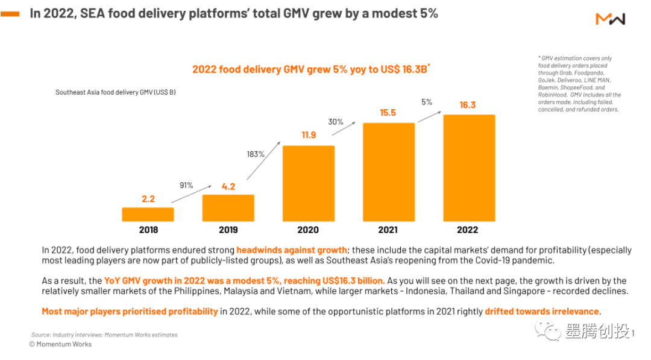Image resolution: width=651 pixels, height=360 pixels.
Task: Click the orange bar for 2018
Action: (148, 214)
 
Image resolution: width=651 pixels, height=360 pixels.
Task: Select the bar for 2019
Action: (228, 207)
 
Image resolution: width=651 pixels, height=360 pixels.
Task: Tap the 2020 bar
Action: (308, 183)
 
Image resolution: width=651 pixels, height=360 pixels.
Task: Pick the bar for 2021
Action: (389, 172)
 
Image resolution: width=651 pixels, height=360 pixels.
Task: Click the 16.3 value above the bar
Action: (467, 105)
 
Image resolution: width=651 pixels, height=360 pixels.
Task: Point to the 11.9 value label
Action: (308, 135)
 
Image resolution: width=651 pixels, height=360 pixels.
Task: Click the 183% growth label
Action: (256, 154)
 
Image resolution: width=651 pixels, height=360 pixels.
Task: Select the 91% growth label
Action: (186, 186)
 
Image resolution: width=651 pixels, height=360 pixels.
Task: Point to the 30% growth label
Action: (336, 122)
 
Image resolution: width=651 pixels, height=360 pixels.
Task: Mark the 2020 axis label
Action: (308, 230)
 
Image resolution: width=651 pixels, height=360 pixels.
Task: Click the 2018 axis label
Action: (148, 230)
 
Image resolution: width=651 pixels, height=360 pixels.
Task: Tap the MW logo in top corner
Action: (610, 19)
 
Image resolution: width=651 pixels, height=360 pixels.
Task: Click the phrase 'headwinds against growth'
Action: (291, 250)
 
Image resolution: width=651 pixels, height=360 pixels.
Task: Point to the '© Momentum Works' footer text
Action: (60, 344)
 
